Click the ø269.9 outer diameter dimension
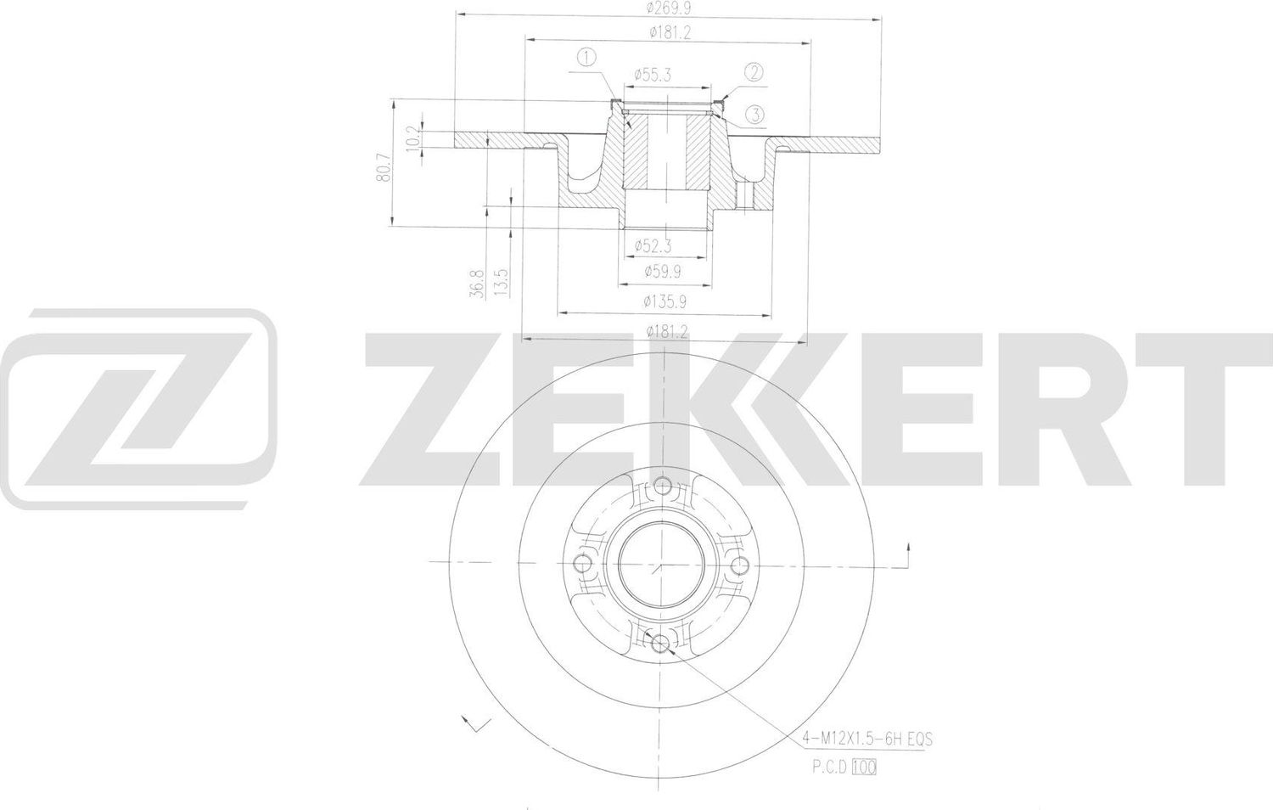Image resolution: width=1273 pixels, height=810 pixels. click(666, 8)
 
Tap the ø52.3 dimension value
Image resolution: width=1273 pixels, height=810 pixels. click(653, 246)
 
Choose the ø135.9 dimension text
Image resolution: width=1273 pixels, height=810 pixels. click(665, 301)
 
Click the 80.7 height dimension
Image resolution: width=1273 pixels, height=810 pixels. click(384, 168)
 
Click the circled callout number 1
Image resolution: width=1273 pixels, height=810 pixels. click(586, 58)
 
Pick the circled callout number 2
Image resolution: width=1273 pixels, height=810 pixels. click(754, 72)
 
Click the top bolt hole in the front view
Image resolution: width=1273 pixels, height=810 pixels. click(663, 487)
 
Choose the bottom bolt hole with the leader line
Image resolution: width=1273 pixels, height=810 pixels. click(660, 643)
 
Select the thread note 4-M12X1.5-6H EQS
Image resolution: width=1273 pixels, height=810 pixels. click(867, 740)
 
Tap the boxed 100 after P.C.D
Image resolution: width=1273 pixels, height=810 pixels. click(866, 768)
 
